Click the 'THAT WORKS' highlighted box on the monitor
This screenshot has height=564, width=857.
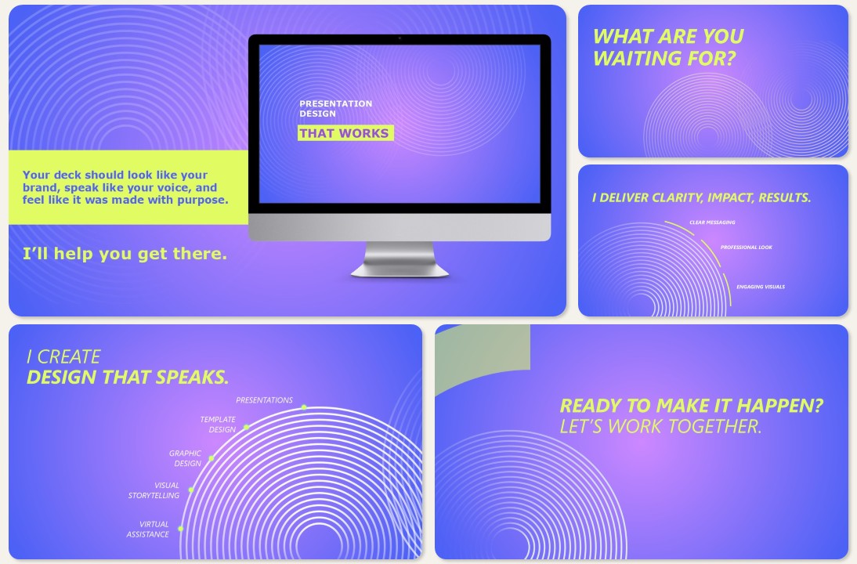coord(345,133)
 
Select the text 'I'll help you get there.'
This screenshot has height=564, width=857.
coord(125,253)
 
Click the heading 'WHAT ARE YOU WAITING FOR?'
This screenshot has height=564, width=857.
coord(667,47)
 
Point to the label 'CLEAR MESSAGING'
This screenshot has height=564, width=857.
coord(712,222)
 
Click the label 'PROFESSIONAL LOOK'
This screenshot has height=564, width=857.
coord(746,248)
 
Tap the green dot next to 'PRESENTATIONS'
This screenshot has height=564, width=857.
coord(303,407)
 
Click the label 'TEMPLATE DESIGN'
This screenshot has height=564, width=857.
coord(218,425)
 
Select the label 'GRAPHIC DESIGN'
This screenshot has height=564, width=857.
coord(186,458)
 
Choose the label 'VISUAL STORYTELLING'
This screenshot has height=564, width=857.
coord(154,490)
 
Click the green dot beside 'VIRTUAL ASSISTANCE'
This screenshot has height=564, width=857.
coord(180,529)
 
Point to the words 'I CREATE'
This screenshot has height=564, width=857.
coord(63,357)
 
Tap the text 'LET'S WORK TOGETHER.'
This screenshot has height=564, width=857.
coord(660,427)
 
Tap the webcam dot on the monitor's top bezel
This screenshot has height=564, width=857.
coord(400,38)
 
